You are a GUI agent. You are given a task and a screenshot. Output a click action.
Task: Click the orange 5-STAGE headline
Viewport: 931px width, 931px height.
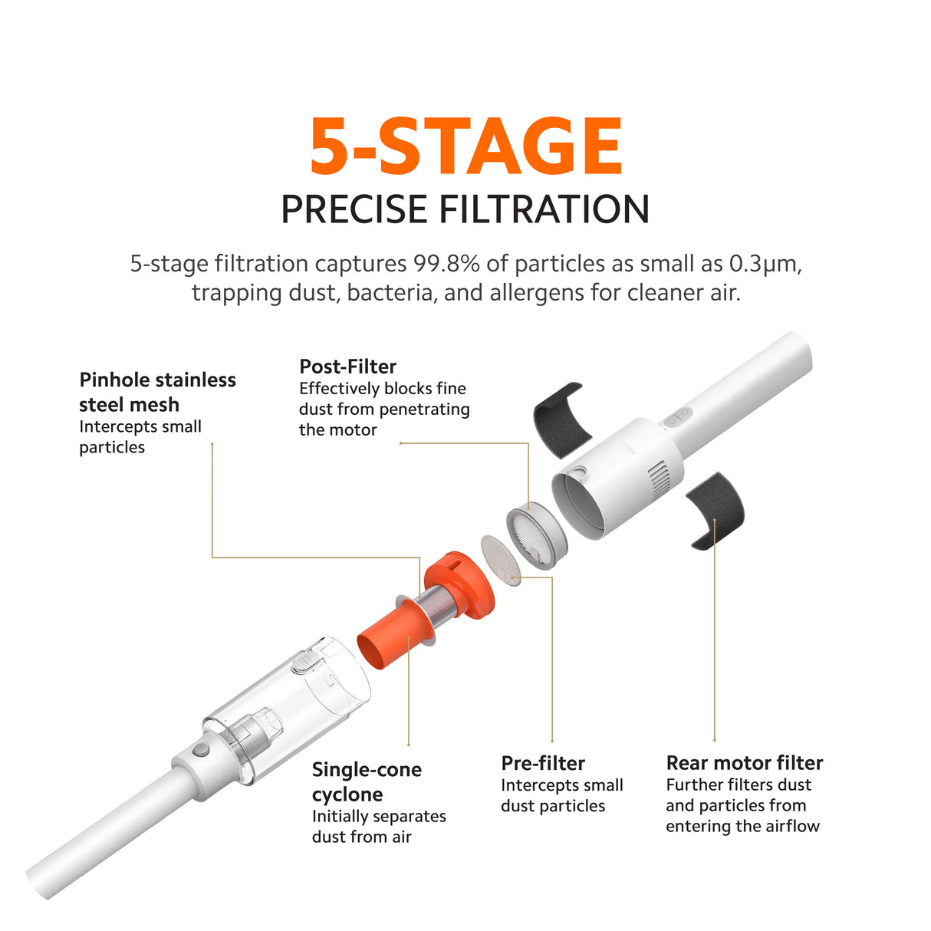[465, 146]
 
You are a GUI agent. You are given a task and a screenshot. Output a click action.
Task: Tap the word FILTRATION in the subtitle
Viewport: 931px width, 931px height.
[544, 209]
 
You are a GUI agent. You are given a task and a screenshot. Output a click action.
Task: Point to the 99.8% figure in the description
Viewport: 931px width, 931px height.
[446, 264]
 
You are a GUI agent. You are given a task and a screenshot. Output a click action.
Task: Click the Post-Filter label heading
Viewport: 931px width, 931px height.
[348, 367]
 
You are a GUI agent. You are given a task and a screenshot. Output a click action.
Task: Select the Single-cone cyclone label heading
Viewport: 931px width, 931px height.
[367, 782]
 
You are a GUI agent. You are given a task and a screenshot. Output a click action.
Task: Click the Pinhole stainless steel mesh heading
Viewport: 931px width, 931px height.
[157, 393]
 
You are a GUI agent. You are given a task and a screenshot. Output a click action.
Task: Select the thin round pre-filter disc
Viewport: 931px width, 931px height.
[501, 560]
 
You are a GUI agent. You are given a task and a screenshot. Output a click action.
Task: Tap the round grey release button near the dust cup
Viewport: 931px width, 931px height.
[200, 752]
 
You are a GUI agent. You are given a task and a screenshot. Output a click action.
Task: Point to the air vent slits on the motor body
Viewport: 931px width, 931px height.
[657, 479]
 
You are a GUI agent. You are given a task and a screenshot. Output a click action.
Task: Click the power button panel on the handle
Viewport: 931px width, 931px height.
[677, 416]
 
